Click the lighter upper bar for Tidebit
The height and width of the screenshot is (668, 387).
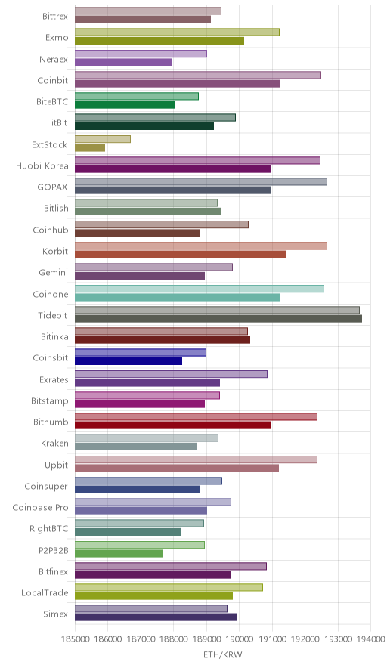(217, 310)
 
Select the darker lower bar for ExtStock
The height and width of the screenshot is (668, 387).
(90, 148)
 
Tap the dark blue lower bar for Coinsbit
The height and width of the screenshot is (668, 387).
(128, 361)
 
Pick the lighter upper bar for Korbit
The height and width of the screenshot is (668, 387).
(201, 246)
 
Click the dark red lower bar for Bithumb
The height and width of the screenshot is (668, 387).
(173, 425)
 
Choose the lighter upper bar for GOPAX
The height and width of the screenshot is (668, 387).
(201, 182)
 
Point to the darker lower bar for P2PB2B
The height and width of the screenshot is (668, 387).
(119, 553)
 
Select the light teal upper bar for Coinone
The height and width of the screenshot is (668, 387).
(200, 289)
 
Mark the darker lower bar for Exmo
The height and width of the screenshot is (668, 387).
(159, 41)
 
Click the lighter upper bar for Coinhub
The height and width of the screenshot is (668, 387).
(162, 224)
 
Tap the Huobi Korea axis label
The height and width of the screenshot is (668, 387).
(42, 166)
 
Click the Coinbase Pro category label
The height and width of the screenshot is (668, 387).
(41, 507)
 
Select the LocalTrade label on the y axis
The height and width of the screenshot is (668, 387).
(45, 593)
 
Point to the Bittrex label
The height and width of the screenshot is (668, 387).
(55, 16)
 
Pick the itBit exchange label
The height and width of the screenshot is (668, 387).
(60, 122)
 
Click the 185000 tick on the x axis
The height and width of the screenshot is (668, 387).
(75, 639)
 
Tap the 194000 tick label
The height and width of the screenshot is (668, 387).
(370, 639)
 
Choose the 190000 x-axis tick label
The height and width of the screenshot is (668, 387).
(239, 639)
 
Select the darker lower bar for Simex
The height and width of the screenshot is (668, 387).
(156, 617)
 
